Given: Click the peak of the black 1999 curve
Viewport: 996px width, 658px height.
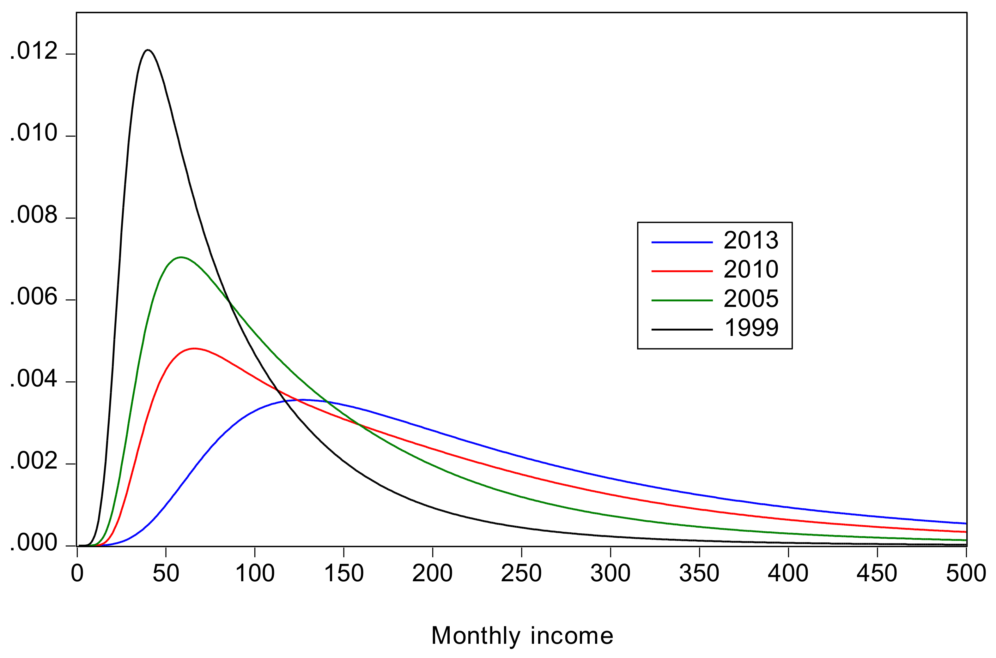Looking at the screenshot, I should pyautogui.click(x=147, y=50).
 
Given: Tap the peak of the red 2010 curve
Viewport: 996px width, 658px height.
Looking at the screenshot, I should pyautogui.click(x=194, y=348).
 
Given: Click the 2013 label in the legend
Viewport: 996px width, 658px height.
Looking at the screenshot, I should pyautogui.click(x=751, y=241).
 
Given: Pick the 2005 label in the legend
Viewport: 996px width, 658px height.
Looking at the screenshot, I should pyautogui.click(x=751, y=299).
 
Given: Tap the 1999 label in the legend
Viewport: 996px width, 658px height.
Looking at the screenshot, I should pyautogui.click(x=751, y=328).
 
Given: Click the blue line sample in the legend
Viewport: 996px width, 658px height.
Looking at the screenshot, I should pyautogui.click(x=682, y=242).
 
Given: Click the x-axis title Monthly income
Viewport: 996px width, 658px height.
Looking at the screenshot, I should pyautogui.click(x=522, y=636).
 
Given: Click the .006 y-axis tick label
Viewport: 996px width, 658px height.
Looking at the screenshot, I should pyautogui.click(x=33, y=297).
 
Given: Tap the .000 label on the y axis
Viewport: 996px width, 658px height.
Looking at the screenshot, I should pyautogui.click(x=33, y=543).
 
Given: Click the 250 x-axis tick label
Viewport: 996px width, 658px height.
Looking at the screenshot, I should pyautogui.click(x=521, y=573).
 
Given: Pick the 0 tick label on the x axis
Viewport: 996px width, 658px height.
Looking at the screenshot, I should pyautogui.click(x=77, y=573).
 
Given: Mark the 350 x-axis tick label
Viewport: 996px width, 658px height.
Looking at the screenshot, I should pyautogui.click(x=699, y=573).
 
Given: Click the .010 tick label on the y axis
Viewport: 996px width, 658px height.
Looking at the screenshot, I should pyautogui.click(x=33, y=134).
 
